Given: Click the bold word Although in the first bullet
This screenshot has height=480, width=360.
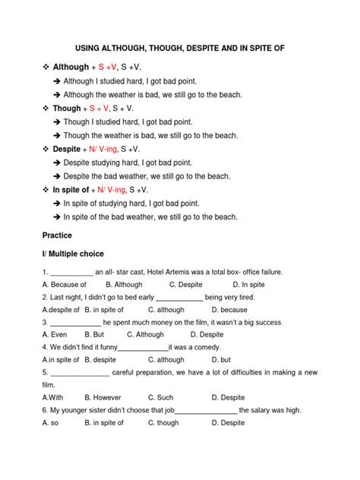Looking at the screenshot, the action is [x=71, y=67].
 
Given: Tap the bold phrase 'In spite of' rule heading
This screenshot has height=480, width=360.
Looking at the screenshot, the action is [x=73, y=190].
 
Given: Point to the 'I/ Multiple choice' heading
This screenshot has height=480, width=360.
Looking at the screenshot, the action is [x=74, y=253].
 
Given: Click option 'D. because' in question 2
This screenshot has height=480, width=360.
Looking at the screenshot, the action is [x=229, y=310].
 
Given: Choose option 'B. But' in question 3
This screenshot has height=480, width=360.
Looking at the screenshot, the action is [x=94, y=334].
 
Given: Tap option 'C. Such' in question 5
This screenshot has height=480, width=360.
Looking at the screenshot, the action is [x=161, y=397].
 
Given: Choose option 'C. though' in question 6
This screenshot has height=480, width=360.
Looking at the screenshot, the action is [x=164, y=422].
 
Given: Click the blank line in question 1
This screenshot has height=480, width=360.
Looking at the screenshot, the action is [x=71, y=273].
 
